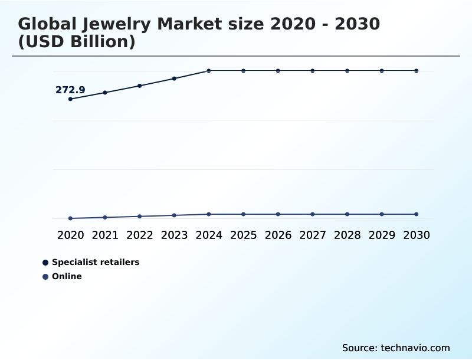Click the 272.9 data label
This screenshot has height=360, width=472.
pos(70,90)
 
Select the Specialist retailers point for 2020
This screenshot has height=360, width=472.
pos(70,99)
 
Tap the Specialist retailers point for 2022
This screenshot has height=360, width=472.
pos(140,86)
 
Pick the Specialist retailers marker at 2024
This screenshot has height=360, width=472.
pos(209,71)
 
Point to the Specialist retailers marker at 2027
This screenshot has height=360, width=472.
pos(313,71)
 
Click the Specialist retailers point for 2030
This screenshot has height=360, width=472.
pos(417,71)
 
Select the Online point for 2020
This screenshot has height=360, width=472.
pos(70,218)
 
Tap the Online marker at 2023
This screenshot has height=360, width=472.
pos(174,215)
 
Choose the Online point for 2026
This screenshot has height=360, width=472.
pos(278,214)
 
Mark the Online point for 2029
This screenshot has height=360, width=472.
pos(382,214)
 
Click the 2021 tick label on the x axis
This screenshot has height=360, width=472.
pos(105,235)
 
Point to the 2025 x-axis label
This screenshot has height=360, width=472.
pos(243,235)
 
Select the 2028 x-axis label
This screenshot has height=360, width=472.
pos(347,235)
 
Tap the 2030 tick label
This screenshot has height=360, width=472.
pos(417,235)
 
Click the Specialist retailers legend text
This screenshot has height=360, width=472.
pos(96,262)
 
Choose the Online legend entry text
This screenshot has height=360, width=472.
pos(67,276)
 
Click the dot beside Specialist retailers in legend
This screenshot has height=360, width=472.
pos(45,262)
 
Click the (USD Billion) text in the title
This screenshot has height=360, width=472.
pos(77,42)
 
